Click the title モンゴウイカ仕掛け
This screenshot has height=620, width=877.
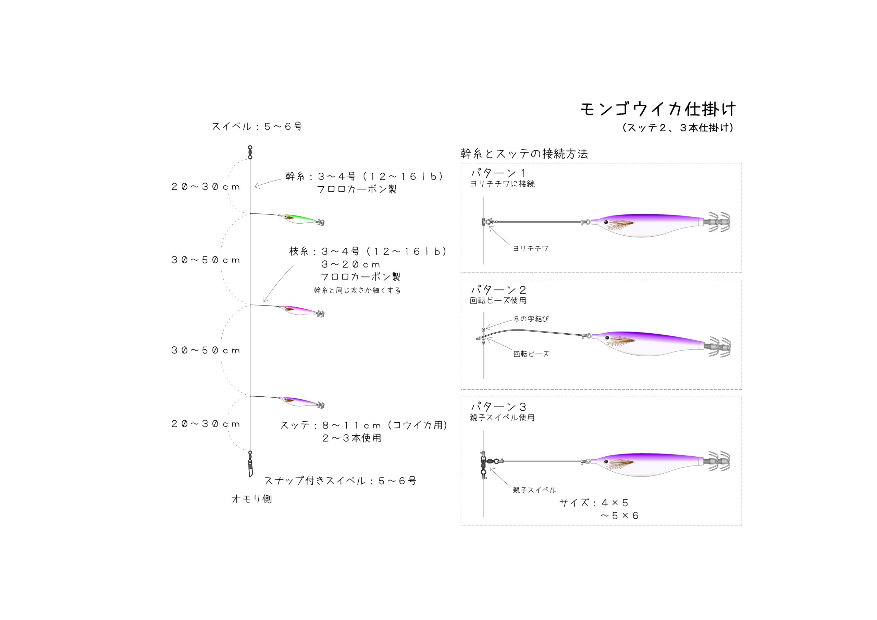pos(658,109)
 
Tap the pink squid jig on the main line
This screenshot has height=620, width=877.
pos(302,311)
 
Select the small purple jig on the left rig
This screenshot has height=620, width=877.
pos(302,402)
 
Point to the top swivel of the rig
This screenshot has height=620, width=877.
pos(250,152)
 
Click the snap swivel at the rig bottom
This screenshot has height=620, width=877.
pos(250,464)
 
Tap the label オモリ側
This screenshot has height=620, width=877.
pos(252,499)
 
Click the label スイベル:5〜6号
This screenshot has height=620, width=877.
pos(257,126)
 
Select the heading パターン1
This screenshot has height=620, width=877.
pos(498,173)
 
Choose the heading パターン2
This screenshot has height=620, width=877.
pos(498,290)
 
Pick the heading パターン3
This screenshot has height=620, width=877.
pos(498,407)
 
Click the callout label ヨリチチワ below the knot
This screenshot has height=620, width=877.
pos(531,248)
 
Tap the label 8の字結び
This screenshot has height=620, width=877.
pos(531,319)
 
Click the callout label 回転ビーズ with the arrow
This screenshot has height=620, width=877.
pos(531,354)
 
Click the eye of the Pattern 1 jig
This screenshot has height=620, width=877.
pos(606,222)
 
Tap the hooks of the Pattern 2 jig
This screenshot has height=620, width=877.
pos(718,347)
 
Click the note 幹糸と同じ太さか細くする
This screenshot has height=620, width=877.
pos(357,290)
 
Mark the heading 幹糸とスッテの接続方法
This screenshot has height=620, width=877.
pos(524,153)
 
